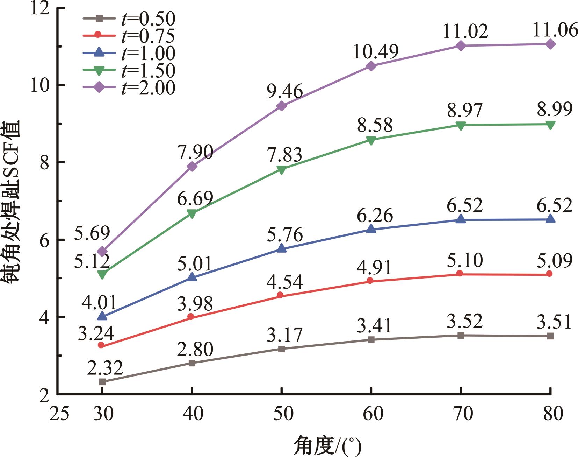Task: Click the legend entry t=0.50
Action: pyautogui.click(x=129, y=19)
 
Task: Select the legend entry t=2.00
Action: pyautogui.click(x=129, y=88)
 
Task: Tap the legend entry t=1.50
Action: pyautogui.click(x=129, y=71)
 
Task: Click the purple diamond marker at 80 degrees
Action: pyautogui.click(x=550, y=44)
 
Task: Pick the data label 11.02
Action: pyautogui.click(x=465, y=31)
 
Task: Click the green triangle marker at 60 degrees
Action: pyautogui.click(x=371, y=140)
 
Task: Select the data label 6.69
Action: pyautogui.click(x=195, y=199)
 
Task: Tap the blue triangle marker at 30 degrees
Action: pyautogui.click(x=102, y=316)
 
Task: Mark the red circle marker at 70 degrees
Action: pyautogui.click(x=460, y=273)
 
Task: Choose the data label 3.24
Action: pyautogui.click(x=96, y=333)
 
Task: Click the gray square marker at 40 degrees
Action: pyautogui.click(x=192, y=363)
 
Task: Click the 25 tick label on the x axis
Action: pyautogui.click(x=59, y=414)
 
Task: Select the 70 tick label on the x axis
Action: pyautogui.click(x=460, y=414)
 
